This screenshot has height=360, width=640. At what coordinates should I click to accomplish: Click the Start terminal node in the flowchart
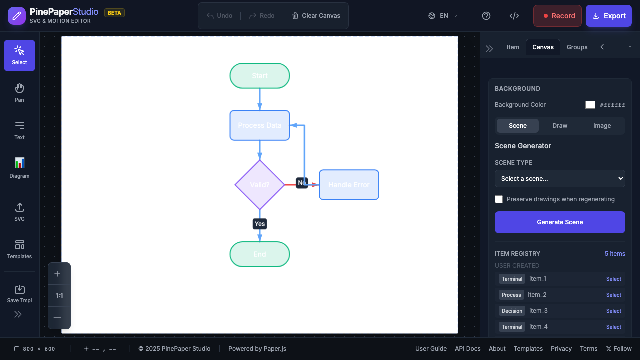[x=260, y=76]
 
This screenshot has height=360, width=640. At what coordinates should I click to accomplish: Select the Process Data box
[x=260, y=125]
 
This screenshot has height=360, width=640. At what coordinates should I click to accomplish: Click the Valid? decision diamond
[x=260, y=185]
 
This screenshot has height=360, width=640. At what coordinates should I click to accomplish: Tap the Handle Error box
[x=349, y=185]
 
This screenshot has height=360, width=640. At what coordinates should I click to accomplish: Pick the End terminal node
[x=260, y=254]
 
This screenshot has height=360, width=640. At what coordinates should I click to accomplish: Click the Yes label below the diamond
[x=260, y=224]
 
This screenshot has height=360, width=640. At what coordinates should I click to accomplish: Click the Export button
[x=609, y=16]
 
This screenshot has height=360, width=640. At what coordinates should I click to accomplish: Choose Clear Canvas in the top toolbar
[x=316, y=16]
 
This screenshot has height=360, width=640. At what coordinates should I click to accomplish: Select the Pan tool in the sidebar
[x=19, y=93]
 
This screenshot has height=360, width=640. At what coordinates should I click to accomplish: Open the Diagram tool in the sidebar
[x=19, y=168]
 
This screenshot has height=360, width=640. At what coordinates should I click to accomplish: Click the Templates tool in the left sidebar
[x=19, y=249]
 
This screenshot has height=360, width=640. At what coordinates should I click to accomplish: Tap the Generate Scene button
[x=560, y=222]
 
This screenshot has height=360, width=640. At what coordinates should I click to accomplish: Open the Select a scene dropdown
[x=560, y=179]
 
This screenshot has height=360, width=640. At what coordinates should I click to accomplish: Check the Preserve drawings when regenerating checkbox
[x=499, y=199]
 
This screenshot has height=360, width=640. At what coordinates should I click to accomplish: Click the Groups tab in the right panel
[x=577, y=47]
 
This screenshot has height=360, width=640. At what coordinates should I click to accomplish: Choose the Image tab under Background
[x=602, y=126]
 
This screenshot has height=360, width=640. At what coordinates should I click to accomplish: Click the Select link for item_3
[x=614, y=311]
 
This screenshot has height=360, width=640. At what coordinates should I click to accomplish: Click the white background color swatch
[x=590, y=105]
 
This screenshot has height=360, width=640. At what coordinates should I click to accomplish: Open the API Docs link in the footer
[x=468, y=349]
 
